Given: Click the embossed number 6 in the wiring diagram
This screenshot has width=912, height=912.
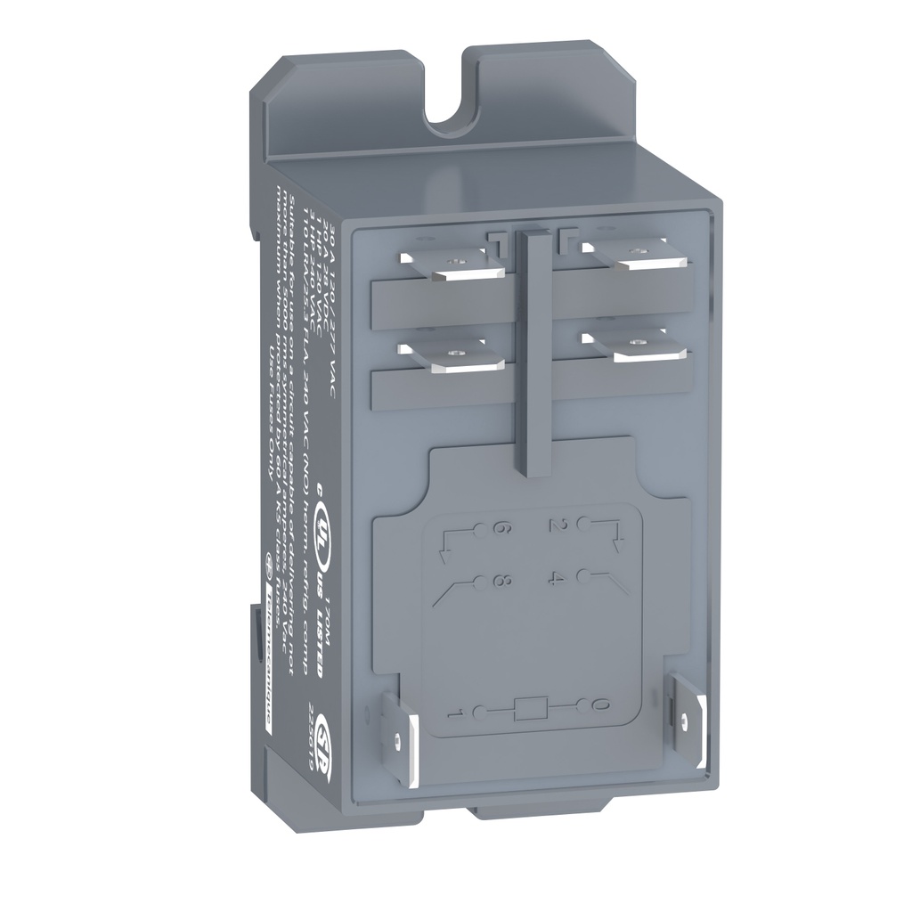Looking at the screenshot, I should pos(500,529).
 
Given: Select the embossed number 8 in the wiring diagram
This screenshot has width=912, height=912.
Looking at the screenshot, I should pos(501,583).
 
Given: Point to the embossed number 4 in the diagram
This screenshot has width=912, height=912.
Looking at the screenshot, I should pos(559,580).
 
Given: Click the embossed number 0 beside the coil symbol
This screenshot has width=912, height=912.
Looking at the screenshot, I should pos(598,706).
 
